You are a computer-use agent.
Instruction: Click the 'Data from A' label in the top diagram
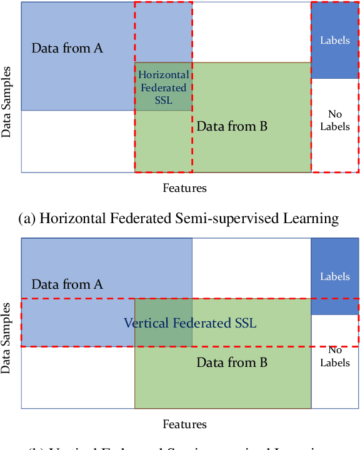tap(67, 48)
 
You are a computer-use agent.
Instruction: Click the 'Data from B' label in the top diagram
tap(232, 126)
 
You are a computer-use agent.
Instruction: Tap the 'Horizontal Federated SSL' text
tap(163, 87)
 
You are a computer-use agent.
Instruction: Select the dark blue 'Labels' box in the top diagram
tap(335, 40)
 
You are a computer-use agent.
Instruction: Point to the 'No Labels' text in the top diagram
tap(335, 120)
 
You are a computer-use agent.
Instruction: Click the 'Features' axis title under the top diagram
tap(184, 187)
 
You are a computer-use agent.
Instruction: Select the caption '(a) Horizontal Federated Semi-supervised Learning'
tap(180, 218)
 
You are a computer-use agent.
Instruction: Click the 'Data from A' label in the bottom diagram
tap(67, 284)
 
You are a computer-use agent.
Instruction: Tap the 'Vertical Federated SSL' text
tap(190, 323)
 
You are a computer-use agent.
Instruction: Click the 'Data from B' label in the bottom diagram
tap(232, 362)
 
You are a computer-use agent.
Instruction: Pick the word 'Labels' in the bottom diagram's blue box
tap(335, 276)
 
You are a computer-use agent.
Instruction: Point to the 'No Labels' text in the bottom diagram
tap(335, 356)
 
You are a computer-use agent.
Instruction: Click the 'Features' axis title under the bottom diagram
tap(184, 424)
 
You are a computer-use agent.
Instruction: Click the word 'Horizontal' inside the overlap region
tap(163, 75)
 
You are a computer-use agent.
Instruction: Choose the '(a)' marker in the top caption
tap(28, 218)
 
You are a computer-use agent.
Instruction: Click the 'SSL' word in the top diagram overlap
tap(163, 100)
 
